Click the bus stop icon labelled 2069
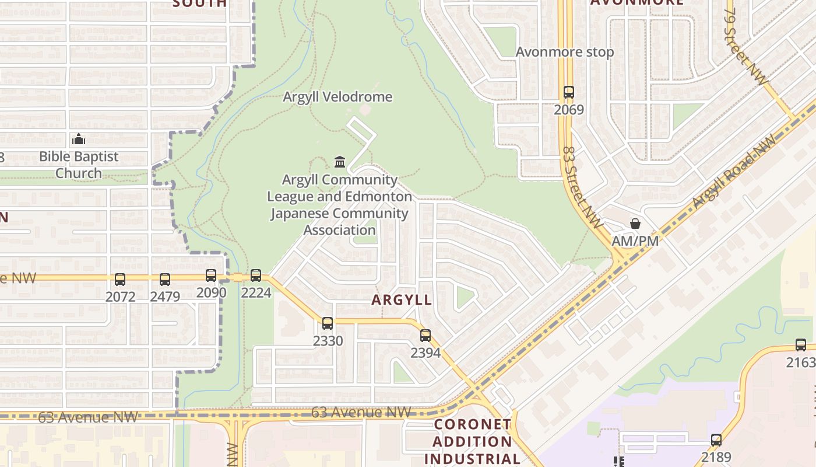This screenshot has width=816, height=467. coord(568,92)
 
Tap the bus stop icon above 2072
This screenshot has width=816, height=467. coord(119,280)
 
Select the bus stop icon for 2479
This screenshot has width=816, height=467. coord(165,280)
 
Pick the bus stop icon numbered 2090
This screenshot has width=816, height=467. coord(211,276)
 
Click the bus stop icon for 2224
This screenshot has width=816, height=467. coord(256,276)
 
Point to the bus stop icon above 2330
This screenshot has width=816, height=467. coord(328,323)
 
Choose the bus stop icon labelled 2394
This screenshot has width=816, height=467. coord(425,336)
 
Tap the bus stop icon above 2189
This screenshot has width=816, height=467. coord(716,440)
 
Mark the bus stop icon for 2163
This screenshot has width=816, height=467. coord(801,345)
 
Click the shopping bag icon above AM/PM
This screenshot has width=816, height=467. coord(635,224)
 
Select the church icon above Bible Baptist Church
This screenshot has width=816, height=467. coord(79,139)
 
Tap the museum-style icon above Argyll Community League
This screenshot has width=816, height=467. coord(340,162)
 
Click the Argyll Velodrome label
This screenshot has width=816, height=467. coord(337,97)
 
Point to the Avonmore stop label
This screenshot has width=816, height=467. coord(565,52)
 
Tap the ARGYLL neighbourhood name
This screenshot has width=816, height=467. coord(402,300)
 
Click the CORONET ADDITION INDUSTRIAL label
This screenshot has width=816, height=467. coord(473,441)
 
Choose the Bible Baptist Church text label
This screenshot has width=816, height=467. coord(79,165)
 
